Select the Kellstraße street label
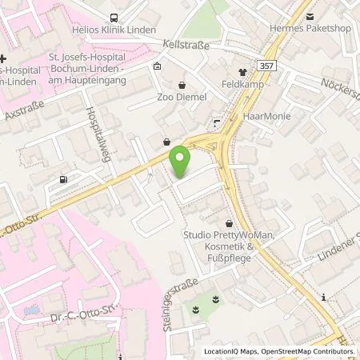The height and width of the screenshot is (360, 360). pos(186,46)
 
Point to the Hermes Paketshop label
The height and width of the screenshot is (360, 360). pos(316,31)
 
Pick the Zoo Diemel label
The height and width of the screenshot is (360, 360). pos(183,97)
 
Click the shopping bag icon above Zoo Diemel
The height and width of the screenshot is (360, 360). pos(182,83)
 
